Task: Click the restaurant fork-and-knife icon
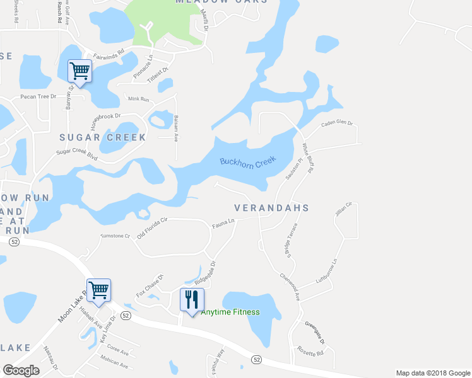(x=192, y=299)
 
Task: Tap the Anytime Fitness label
(x=230, y=312)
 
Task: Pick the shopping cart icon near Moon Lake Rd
(x=99, y=290)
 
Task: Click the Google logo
(x=21, y=370)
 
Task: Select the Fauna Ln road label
(x=223, y=222)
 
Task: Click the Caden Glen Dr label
(x=337, y=123)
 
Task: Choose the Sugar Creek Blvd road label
(x=76, y=152)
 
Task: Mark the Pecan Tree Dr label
(x=38, y=97)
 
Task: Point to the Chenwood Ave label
(x=290, y=287)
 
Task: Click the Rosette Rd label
(x=311, y=353)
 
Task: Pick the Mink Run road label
(x=138, y=100)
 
